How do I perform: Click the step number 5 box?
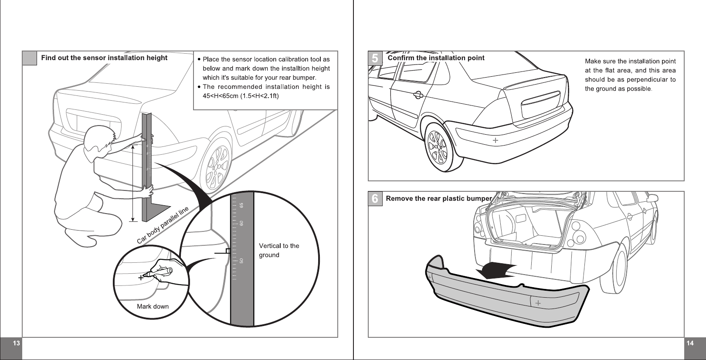(x=375, y=58)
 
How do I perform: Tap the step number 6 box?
(x=375, y=199)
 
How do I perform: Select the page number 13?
(x=16, y=343)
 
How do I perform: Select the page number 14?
(x=690, y=343)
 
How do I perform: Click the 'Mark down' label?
(x=153, y=306)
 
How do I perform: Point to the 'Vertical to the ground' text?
(x=279, y=250)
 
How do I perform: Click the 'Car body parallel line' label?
(x=163, y=225)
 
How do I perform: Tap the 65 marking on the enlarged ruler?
(x=241, y=205)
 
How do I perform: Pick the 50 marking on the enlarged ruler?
(x=241, y=261)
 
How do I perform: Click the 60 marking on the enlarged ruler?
(x=241, y=223)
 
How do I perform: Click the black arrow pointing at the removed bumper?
(x=497, y=271)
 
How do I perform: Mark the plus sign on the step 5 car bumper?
(x=496, y=140)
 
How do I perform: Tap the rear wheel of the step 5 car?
(x=438, y=146)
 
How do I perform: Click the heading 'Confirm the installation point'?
(x=436, y=58)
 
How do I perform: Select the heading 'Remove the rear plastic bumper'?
(x=438, y=199)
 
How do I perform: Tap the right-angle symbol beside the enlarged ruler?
(x=227, y=251)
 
